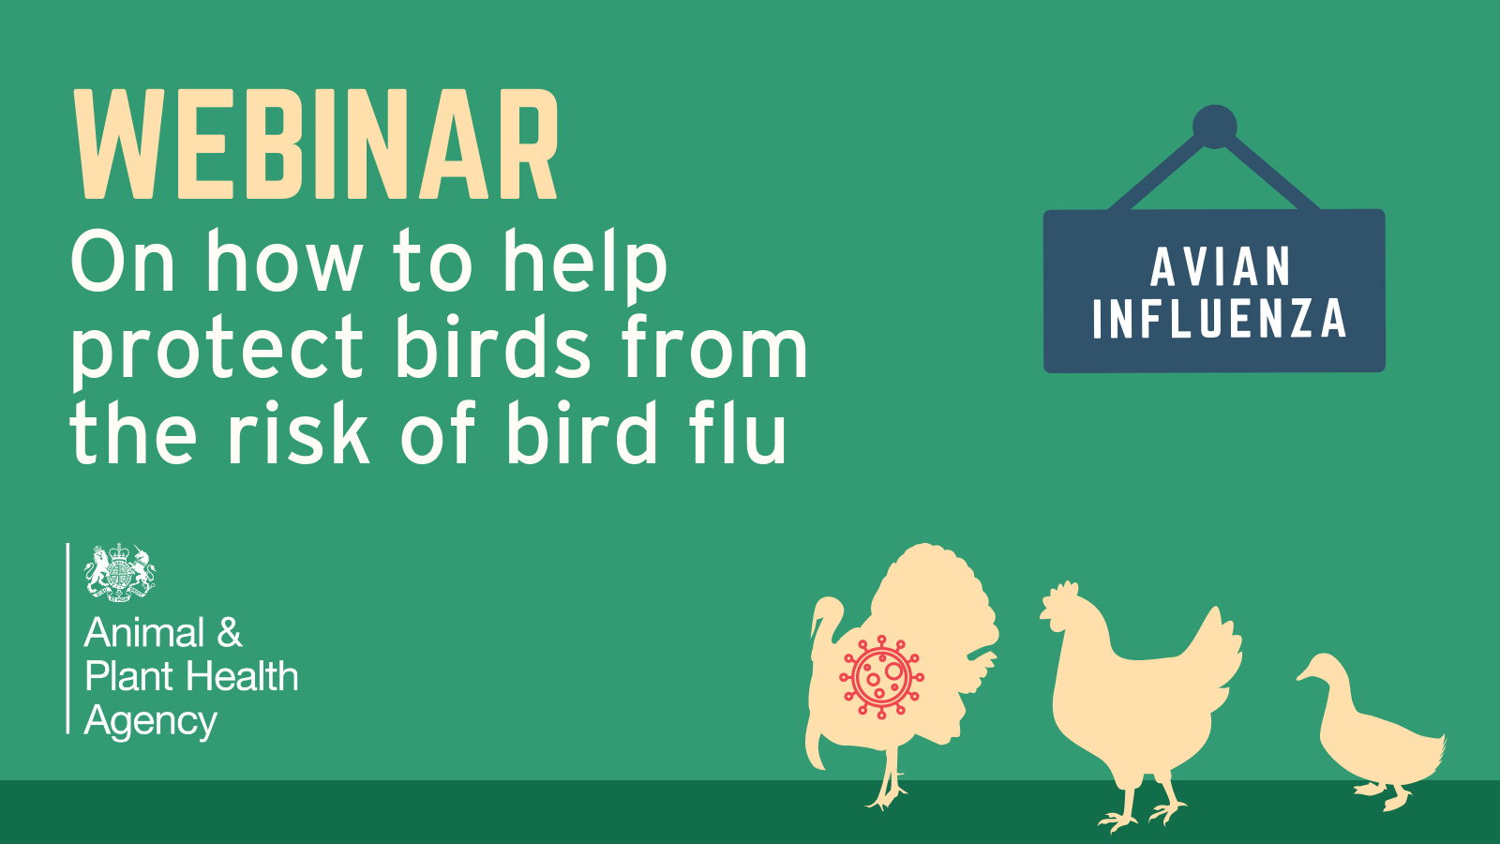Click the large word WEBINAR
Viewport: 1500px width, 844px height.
pos(315,144)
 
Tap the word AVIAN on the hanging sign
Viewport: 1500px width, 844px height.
pos(1221,266)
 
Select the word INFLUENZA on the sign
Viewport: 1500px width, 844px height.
pos(1220,319)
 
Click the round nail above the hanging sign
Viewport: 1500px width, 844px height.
pos(1215,127)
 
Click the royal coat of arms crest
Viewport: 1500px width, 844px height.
pos(120,573)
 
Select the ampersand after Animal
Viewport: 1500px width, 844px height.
pos(229,632)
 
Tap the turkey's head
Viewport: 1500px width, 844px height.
pos(827,610)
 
